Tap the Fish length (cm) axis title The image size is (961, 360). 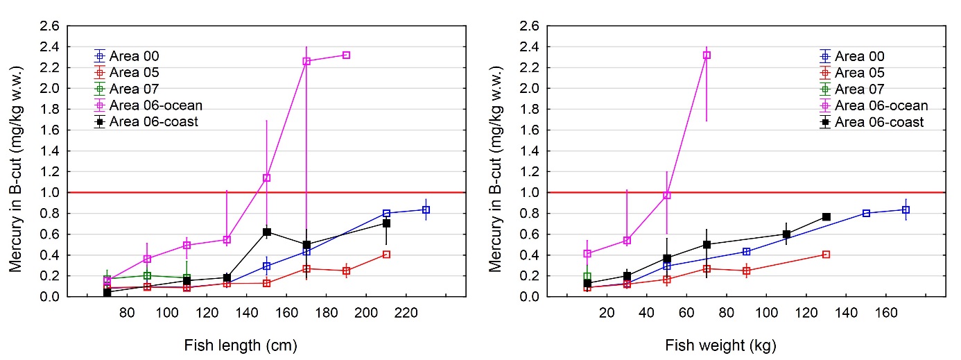coord(241,345)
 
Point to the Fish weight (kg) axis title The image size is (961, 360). coord(720,345)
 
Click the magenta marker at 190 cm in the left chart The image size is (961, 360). coord(346,55)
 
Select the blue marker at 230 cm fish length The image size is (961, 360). coord(426,209)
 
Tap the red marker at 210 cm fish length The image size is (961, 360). coord(386,255)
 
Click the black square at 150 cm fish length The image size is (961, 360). coord(267,232)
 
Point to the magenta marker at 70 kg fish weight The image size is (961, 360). coord(707,55)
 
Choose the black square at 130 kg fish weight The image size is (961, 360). coord(826,217)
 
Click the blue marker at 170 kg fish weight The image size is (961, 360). coord(906,209)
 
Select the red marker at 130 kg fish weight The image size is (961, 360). coord(826,255)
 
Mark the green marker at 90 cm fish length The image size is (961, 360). coord(147,275)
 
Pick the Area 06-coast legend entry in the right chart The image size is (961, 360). coord(879,122)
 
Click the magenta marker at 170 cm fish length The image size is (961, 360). coord(306,61)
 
